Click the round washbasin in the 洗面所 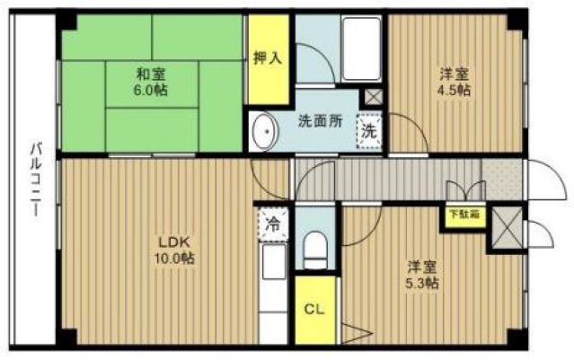pos(266,133)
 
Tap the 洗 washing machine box pos(368,130)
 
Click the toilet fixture pos(314,248)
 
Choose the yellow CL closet pos(313,311)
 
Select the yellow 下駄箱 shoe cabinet pos(464,215)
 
